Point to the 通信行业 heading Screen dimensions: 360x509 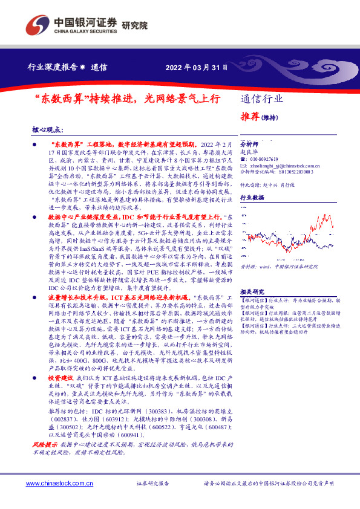coord(261,99)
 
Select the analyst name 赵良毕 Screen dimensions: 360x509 coord(248,153)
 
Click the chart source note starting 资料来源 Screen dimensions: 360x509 coord(279,265)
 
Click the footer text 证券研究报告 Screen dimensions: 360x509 coord(152,484)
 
